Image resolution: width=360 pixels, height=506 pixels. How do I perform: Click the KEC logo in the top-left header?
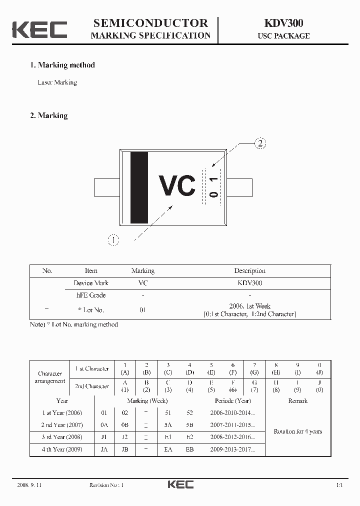pyautogui.click(x=39, y=29)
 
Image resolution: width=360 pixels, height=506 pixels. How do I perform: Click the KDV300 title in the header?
pyautogui.click(x=283, y=23)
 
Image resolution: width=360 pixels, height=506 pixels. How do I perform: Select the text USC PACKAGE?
pyautogui.click(x=283, y=36)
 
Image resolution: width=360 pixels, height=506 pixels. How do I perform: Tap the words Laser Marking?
pyautogui.click(x=57, y=82)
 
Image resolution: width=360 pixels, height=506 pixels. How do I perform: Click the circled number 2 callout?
pyautogui.click(x=259, y=144)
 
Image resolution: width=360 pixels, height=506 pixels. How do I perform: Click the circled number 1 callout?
pyautogui.click(x=114, y=240)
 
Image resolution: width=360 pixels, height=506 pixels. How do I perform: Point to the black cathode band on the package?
pyautogui.click(x=139, y=187)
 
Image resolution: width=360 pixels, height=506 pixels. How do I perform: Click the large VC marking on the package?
pyautogui.click(x=176, y=186)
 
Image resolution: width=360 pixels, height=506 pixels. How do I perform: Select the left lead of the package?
pyautogui.click(x=106, y=187)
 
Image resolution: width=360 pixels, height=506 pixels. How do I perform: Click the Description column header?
pyautogui.click(x=249, y=271)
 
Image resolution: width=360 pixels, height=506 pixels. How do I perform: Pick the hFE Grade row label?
pyautogui.click(x=91, y=295)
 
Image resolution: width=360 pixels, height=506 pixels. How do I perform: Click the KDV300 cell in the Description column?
pyautogui.click(x=249, y=283)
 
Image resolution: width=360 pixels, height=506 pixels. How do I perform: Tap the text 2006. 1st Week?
pyautogui.click(x=249, y=306)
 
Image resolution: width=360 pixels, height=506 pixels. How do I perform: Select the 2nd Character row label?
pyautogui.click(x=91, y=386)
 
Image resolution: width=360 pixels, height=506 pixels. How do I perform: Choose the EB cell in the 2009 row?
pyautogui.click(x=189, y=449)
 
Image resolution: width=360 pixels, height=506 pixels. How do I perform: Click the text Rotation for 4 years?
pyautogui.click(x=297, y=431)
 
